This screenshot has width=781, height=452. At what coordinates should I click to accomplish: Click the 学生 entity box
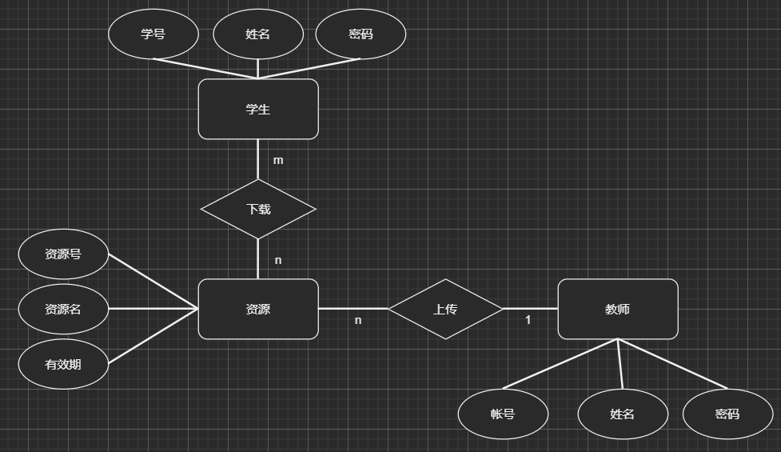pyautogui.click(x=258, y=109)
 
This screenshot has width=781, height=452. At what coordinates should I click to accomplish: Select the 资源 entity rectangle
pyautogui.click(x=258, y=309)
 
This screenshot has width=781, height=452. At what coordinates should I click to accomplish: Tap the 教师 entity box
pyautogui.click(x=617, y=309)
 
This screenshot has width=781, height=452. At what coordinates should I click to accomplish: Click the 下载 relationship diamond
pyautogui.click(x=258, y=209)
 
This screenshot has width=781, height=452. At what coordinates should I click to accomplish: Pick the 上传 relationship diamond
pyautogui.click(x=445, y=309)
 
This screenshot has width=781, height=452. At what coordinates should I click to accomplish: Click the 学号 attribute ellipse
pyautogui.click(x=153, y=34)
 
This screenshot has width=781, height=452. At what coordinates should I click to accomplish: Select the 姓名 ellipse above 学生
pyautogui.click(x=258, y=34)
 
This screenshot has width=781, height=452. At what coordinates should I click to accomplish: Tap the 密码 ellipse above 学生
pyautogui.click(x=361, y=34)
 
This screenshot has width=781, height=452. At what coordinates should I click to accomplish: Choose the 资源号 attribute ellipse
pyautogui.click(x=63, y=254)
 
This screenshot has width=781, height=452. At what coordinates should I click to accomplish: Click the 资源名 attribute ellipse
pyautogui.click(x=63, y=309)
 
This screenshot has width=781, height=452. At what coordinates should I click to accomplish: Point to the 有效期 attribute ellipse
pyautogui.click(x=63, y=364)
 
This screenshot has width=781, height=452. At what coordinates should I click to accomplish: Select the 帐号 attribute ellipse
pyautogui.click(x=503, y=414)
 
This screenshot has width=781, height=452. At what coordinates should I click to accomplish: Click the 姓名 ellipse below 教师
pyautogui.click(x=622, y=414)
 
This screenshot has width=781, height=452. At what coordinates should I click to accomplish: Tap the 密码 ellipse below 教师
pyautogui.click(x=727, y=414)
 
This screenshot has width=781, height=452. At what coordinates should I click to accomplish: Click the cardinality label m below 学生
pyautogui.click(x=278, y=160)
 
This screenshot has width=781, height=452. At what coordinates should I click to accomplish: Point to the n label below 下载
pyautogui.click(x=278, y=260)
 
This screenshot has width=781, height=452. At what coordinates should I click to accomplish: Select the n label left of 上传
pyautogui.click(x=358, y=320)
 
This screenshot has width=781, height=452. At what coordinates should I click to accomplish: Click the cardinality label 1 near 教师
pyautogui.click(x=528, y=320)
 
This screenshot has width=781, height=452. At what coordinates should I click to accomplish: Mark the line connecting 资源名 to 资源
pyautogui.click(x=152, y=309)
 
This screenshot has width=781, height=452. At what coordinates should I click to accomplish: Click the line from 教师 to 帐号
pyautogui.click(x=560, y=365)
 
